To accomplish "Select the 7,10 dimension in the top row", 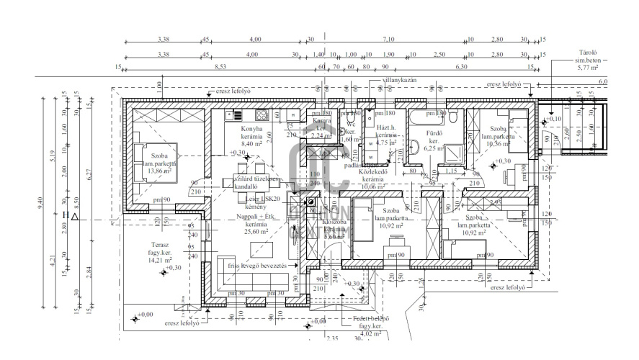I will coord(389,40).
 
